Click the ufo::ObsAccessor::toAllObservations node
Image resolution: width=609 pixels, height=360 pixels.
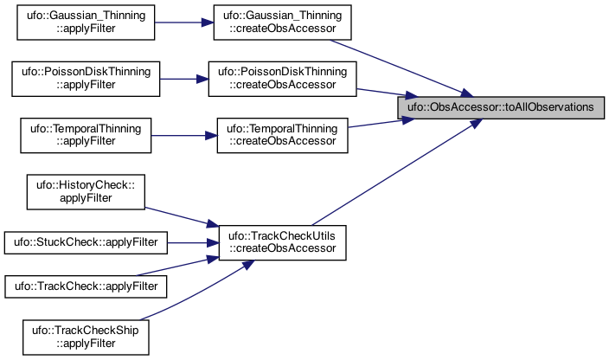(501, 107)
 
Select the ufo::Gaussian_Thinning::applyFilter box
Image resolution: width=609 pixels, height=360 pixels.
(86, 22)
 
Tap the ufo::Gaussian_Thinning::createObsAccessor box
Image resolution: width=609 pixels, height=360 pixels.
(282, 22)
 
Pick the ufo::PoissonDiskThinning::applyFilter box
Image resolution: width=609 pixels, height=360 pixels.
(86, 79)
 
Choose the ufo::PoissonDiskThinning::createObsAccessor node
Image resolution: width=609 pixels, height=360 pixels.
(282, 79)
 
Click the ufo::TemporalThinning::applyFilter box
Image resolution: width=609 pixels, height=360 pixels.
(86, 135)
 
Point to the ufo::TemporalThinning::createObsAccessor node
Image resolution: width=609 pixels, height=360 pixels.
(282, 135)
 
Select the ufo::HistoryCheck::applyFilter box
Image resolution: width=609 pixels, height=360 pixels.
(86, 192)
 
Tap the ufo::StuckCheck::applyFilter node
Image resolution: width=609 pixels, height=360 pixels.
(86, 242)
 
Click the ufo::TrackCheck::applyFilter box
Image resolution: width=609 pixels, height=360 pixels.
(86, 286)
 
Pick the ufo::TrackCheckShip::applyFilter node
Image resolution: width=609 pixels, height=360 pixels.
(86, 337)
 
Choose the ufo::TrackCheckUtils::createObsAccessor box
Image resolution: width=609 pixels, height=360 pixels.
(282, 242)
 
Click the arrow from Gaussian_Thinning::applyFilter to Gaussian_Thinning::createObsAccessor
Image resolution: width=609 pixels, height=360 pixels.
(184, 22)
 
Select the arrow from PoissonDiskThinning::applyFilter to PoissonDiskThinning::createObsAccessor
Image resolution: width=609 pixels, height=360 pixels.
(184, 80)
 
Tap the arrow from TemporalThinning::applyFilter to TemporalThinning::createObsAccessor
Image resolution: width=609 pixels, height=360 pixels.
(184, 136)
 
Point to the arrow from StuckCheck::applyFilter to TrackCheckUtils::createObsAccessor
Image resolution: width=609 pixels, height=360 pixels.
(193, 243)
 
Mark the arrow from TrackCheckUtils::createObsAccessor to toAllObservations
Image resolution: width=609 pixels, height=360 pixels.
(397, 172)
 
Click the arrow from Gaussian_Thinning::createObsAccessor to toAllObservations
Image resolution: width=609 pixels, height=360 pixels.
(401, 68)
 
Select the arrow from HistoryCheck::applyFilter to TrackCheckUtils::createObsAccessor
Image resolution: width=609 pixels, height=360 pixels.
(182, 216)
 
